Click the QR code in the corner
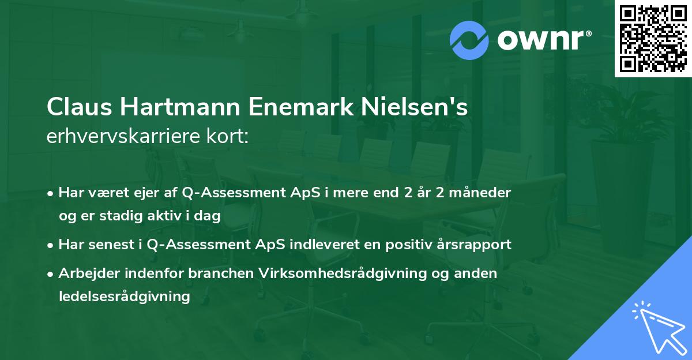click(x=653, y=38)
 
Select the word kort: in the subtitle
click(x=229, y=137)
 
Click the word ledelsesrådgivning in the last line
click(x=124, y=297)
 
